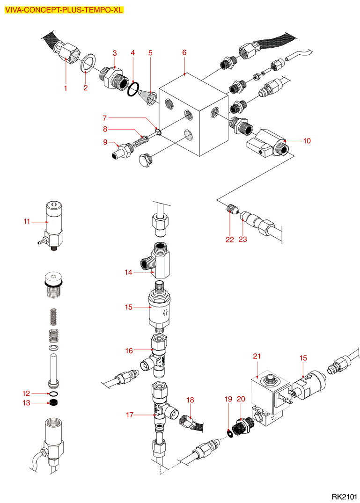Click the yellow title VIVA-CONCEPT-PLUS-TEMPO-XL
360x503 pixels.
pos(64,9)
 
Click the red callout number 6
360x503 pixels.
pos(184,52)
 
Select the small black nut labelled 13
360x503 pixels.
pos(54,402)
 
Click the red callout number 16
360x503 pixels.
pos(129,350)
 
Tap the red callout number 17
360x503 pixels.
pos(129,414)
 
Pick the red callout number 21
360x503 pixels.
pos(257,357)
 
